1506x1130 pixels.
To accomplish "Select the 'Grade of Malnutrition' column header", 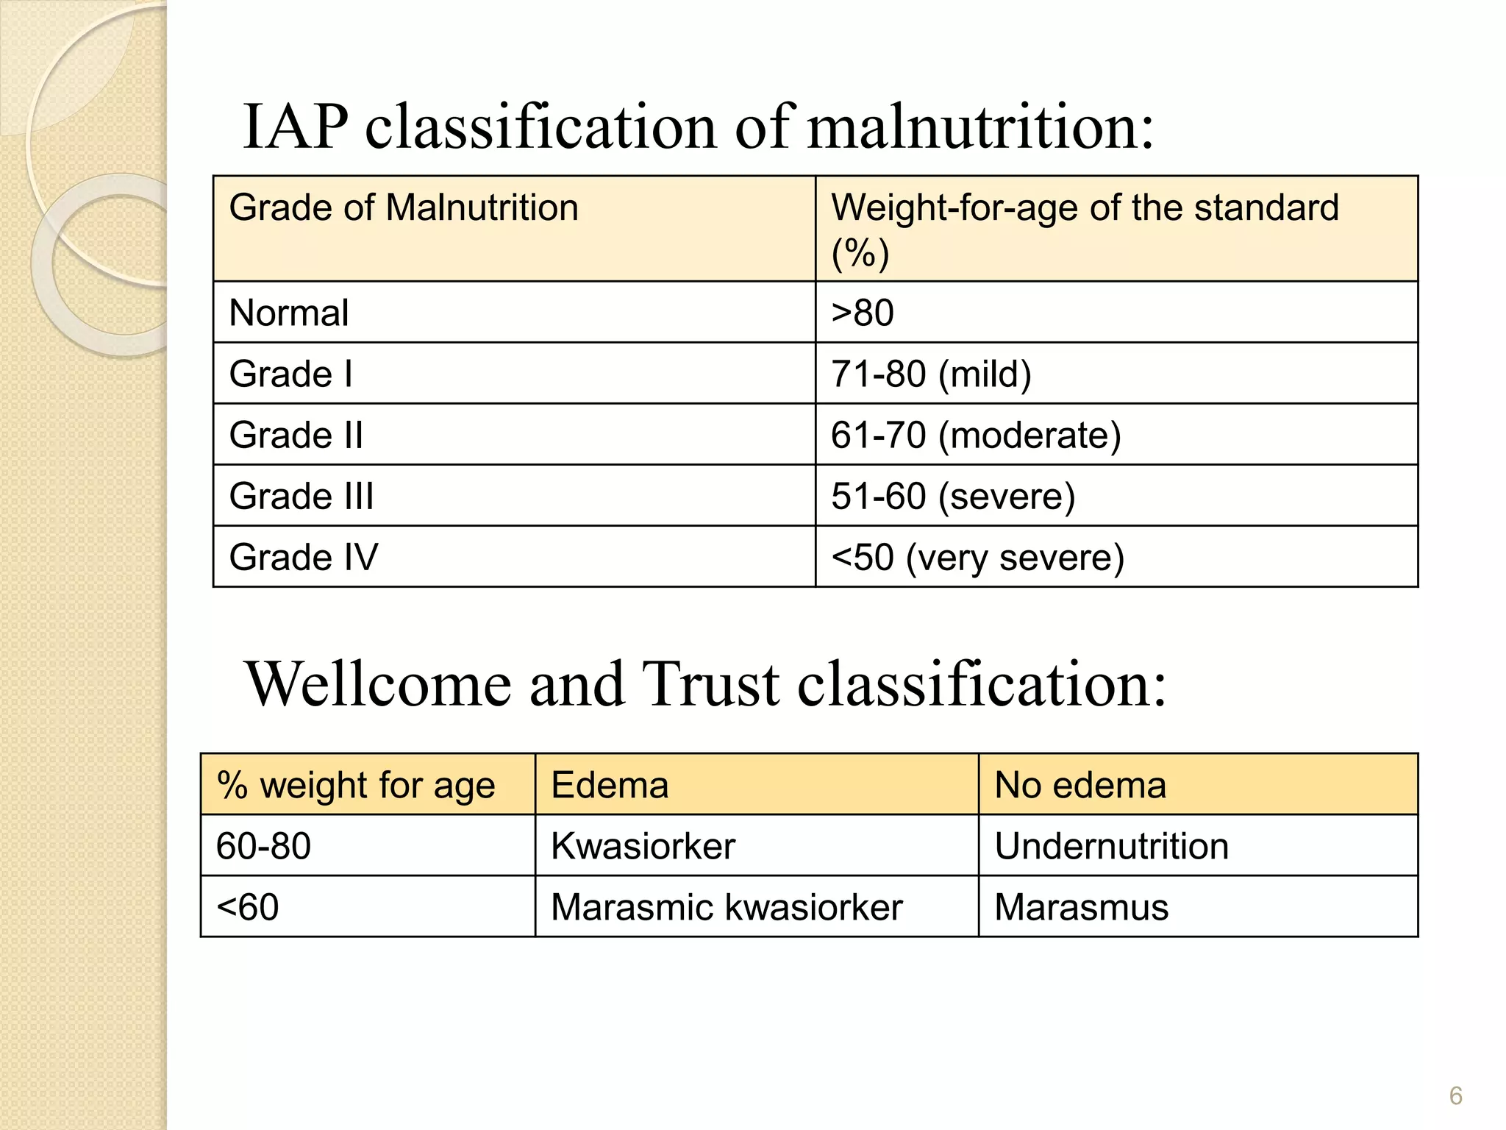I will pyautogui.click(x=404, y=208).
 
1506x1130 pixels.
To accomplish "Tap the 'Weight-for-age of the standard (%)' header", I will pyautogui.click(x=1085, y=229).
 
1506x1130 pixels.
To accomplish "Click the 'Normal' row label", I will pyautogui.click(x=289, y=313).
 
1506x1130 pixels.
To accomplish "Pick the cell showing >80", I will pyautogui.click(x=863, y=313).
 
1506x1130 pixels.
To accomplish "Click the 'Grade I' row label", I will pyautogui.click(x=291, y=374).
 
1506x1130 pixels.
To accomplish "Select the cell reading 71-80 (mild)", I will pyautogui.click(x=931, y=374).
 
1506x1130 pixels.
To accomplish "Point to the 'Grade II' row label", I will pyautogui.click(x=296, y=435).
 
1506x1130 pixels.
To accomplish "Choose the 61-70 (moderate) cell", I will pyautogui.click(x=976, y=435).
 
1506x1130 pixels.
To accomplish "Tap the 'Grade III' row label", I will pyautogui.click(x=301, y=496).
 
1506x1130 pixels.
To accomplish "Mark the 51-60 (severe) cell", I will pyautogui.click(x=953, y=496).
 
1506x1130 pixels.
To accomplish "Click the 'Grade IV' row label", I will pyautogui.click(x=304, y=557).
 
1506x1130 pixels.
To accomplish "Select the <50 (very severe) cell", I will pyautogui.click(x=977, y=557).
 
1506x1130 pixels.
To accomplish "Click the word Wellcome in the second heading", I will pyautogui.click(x=378, y=684).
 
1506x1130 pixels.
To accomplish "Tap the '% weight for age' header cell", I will pyautogui.click(x=356, y=785).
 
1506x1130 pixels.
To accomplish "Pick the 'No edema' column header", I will pyautogui.click(x=1080, y=785).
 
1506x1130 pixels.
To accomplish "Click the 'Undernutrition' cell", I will pyautogui.click(x=1111, y=846).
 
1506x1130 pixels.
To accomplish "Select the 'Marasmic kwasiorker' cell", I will pyautogui.click(x=727, y=907).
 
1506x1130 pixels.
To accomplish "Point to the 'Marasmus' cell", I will pyautogui.click(x=1081, y=907).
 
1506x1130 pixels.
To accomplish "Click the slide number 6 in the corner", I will pyautogui.click(x=1455, y=1096).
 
